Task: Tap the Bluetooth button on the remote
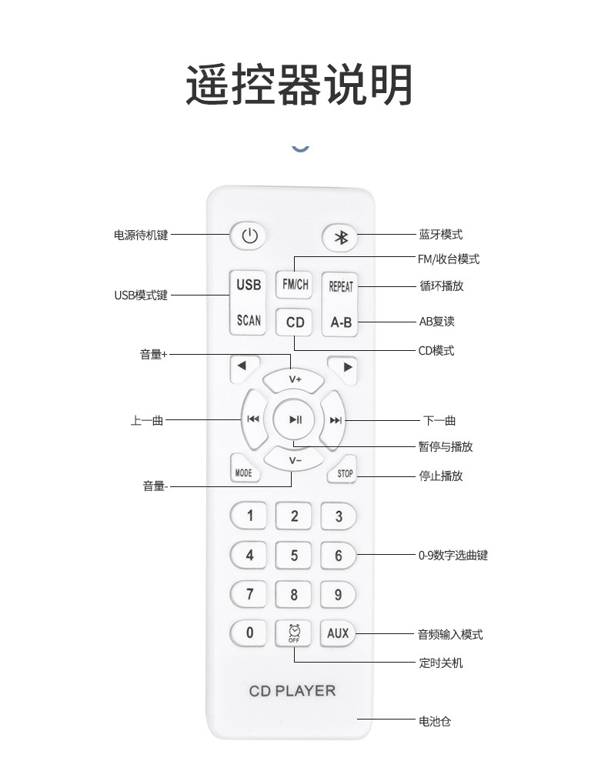click(x=340, y=238)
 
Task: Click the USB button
click(x=249, y=285)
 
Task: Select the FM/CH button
click(x=295, y=285)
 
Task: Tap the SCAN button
click(x=249, y=320)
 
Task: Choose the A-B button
click(x=341, y=322)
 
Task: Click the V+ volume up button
click(x=295, y=379)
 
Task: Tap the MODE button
click(x=243, y=472)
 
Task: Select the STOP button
click(x=345, y=473)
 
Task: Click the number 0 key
click(x=249, y=633)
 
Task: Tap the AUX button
click(x=338, y=633)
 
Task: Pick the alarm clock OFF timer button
click(x=294, y=633)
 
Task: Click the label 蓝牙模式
click(x=440, y=235)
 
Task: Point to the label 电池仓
click(x=434, y=721)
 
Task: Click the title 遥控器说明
click(x=299, y=85)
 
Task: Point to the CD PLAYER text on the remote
click(x=292, y=690)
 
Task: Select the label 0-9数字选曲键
click(x=453, y=555)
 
